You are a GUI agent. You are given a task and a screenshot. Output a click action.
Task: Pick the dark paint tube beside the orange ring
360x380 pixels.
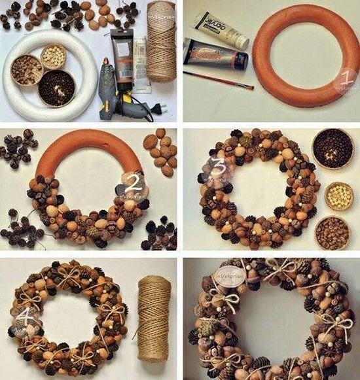click(x=215, y=54)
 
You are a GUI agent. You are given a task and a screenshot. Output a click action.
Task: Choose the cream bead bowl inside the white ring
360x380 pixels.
click(x=54, y=57)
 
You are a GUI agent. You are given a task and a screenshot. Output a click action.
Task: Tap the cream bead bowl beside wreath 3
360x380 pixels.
click(x=338, y=196)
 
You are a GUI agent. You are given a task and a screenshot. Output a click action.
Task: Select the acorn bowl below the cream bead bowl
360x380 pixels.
click(x=333, y=232)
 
